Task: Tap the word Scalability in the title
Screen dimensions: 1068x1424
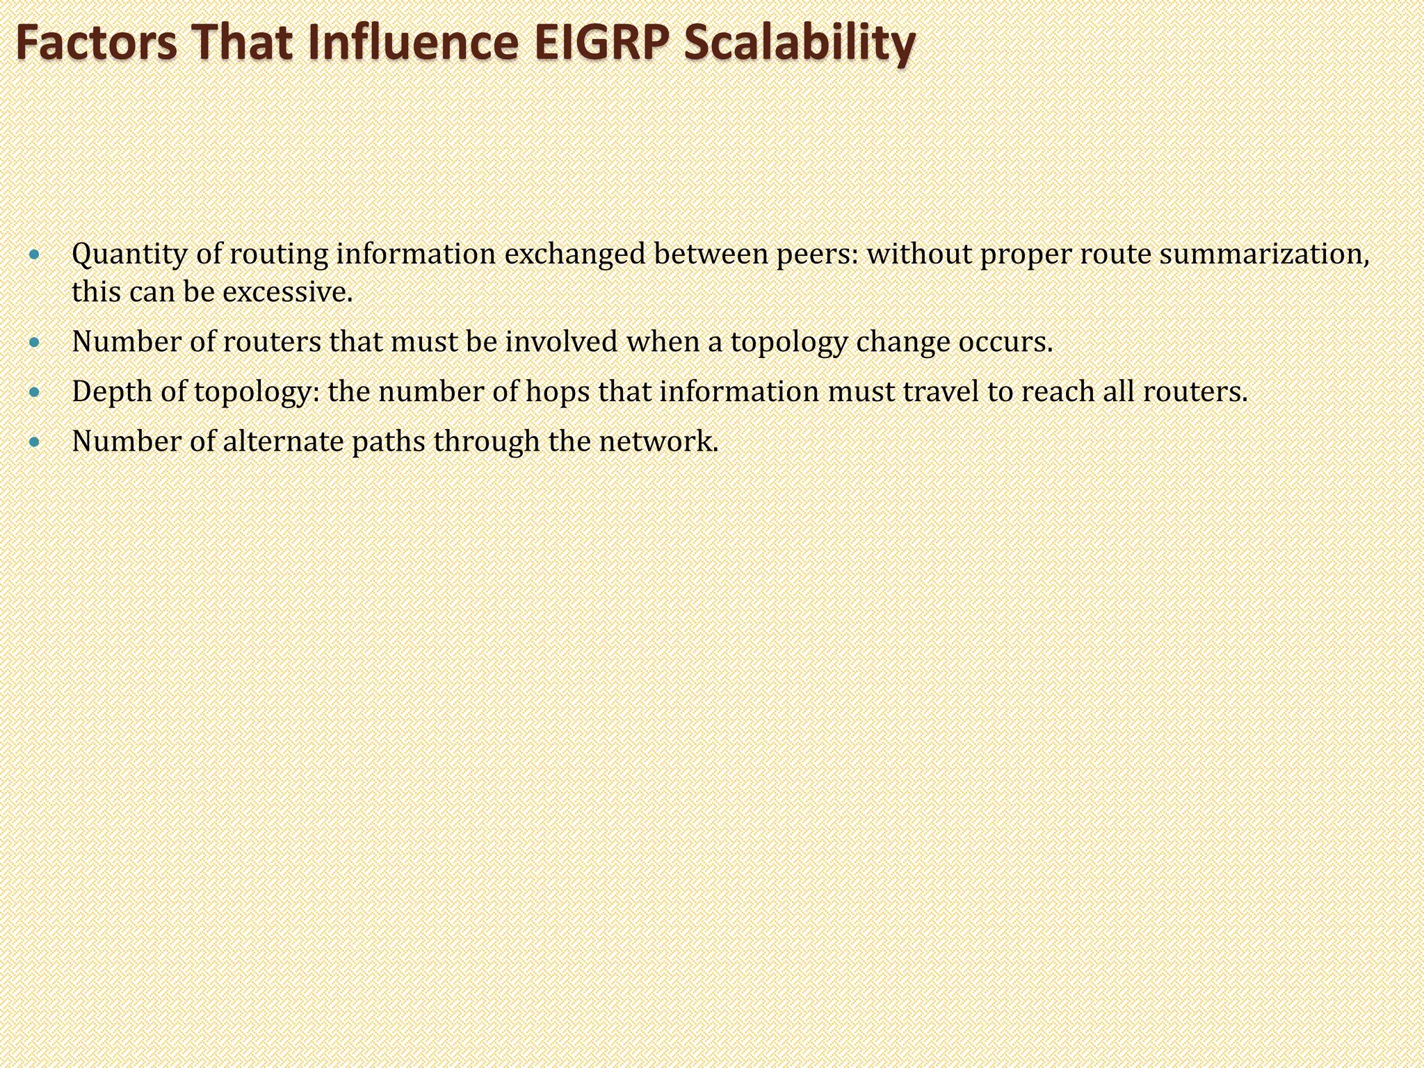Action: pyautogui.click(x=799, y=43)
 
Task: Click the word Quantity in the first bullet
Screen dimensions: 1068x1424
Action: pyautogui.click(x=130, y=254)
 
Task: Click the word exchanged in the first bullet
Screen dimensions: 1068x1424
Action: pyautogui.click(x=574, y=254)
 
